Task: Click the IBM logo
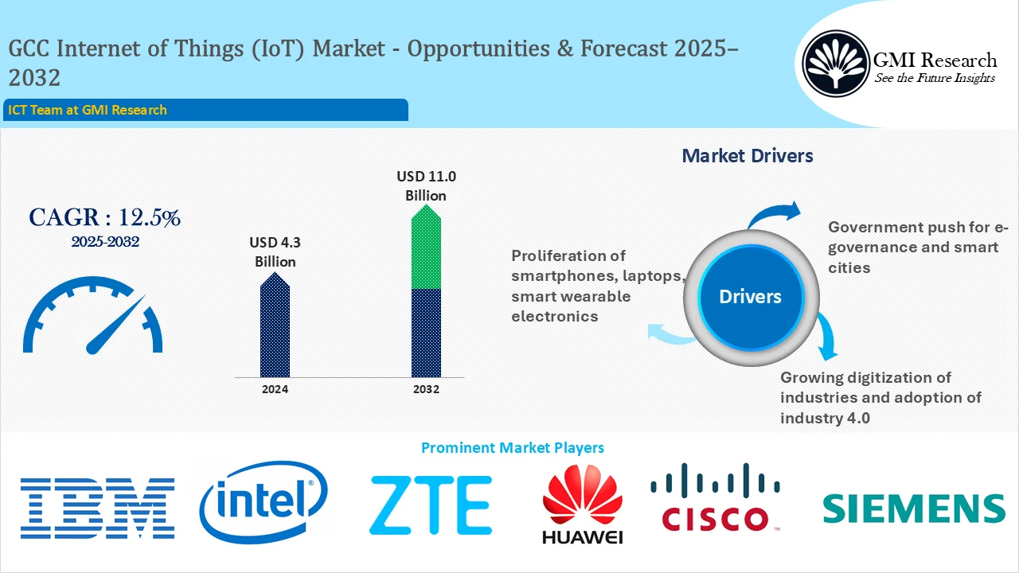tap(97, 507)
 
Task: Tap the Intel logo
tap(264, 502)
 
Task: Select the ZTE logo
tap(430, 505)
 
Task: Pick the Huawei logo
tap(582, 505)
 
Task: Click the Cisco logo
tap(715, 498)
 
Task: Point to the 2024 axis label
tap(275, 389)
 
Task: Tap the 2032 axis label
tap(426, 389)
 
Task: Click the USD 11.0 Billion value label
tap(426, 185)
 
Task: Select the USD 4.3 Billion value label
tap(275, 252)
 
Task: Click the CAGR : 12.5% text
tap(104, 218)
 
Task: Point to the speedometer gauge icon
tap(93, 317)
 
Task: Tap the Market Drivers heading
tap(748, 156)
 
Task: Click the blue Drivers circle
tap(750, 297)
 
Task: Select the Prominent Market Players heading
tap(512, 448)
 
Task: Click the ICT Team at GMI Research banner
tap(205, 110)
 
